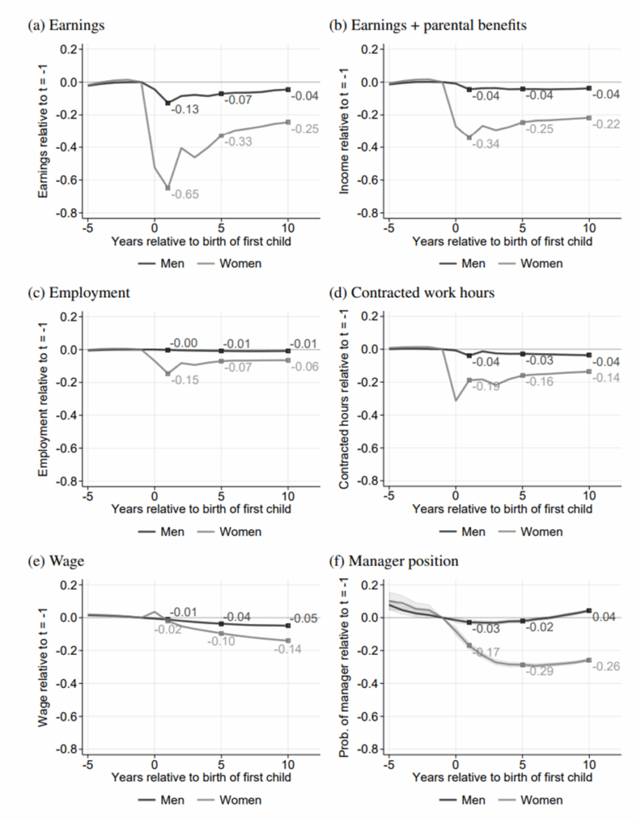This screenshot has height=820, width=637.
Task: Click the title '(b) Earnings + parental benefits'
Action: click(428, 26)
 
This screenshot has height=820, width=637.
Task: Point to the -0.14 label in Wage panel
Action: click(288, 649)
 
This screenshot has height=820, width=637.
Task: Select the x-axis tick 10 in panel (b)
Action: click(589, 227)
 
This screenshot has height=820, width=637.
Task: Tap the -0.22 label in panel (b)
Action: click(606, 124)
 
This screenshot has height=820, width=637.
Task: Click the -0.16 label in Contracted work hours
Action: click(539, 382)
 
